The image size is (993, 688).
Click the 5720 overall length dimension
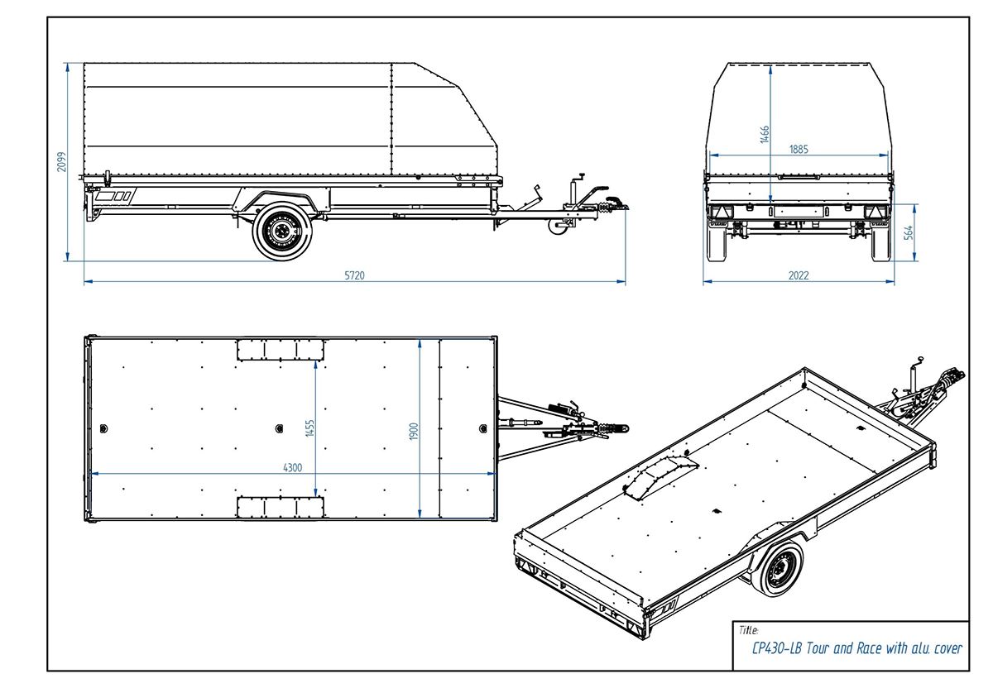354,275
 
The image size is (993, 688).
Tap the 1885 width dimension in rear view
799,150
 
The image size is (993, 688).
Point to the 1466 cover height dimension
765,134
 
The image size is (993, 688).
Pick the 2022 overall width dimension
799,275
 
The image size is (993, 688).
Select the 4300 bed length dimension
292,467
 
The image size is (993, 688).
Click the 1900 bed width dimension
415,430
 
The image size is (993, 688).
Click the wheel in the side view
282,232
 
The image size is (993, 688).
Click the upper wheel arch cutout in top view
280,349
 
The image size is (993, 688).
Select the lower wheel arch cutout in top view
280,506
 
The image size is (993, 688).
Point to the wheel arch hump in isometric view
659,478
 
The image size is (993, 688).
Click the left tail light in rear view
717,212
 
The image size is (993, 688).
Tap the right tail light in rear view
874,212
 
